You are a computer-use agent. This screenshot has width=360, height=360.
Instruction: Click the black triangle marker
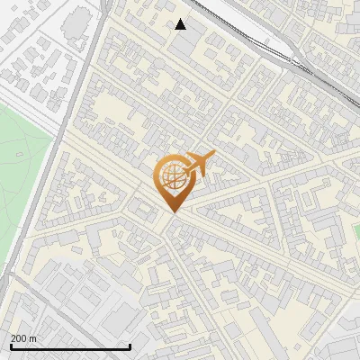[181, 24]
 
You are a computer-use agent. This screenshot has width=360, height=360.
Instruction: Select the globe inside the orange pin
[173, 176]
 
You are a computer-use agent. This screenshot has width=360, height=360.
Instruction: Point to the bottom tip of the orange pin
[172, 211]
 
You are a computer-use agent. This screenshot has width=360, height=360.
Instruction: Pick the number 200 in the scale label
[18, 338]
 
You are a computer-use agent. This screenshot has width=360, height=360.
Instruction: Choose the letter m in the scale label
[32, 338]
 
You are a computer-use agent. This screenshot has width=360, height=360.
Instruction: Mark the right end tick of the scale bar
[130, 345]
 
